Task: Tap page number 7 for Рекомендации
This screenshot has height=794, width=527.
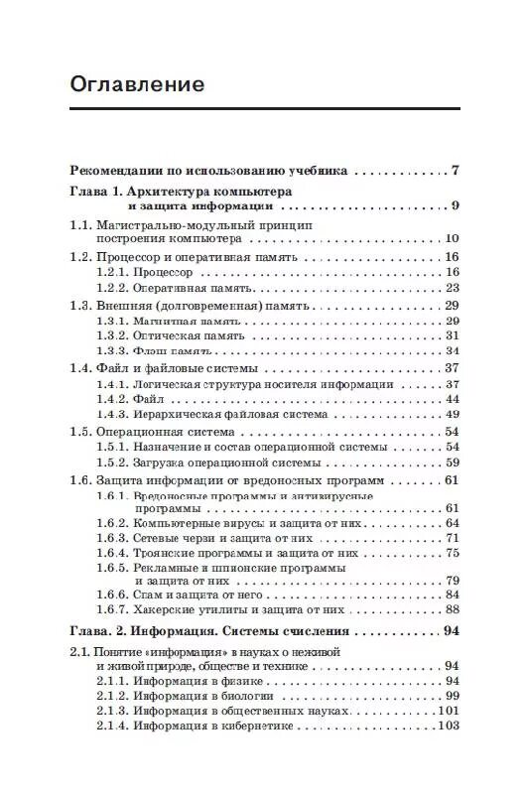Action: coord(455,170)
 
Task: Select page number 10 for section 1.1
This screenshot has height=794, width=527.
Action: coord(452,239)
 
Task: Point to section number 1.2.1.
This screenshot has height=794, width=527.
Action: coord(112,272)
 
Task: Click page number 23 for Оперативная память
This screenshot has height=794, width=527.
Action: coord(452,288)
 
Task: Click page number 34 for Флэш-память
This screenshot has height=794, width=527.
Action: coord(452,351)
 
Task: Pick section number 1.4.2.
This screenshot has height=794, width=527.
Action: coord(112,399)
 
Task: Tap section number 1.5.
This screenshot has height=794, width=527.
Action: coord(80,432)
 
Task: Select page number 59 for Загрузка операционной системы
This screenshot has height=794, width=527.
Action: coord(452,463)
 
